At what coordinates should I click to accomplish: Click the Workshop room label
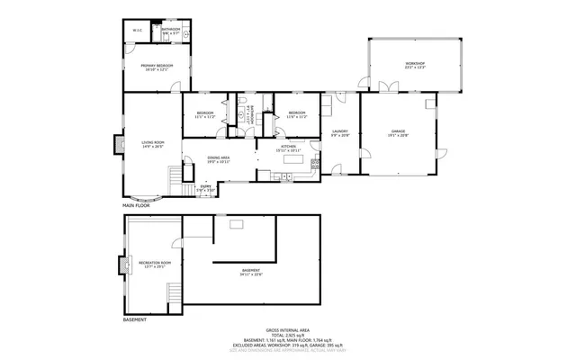click(x=414, y=64)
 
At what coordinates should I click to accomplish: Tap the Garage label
click(x=399, y=132)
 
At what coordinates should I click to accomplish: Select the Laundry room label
click(x=339, y=133)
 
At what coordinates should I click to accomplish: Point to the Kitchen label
click(x=288, y=147)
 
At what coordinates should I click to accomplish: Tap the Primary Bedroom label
click(x=157, y=67)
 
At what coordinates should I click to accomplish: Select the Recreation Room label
click(x=155, y=264)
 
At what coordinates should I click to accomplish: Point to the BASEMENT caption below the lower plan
click(x=134, y=319)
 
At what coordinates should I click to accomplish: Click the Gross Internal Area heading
click(x=287, y=330)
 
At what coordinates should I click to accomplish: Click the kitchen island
click(x=291, y=159)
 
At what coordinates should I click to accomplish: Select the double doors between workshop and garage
click(x=388, y=88)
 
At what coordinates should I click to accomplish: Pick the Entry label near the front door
click(x=206, y=188)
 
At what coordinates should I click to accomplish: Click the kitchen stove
click(x=314, y=165)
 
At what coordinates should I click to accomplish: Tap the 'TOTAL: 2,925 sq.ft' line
click(x=287, y=336)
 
